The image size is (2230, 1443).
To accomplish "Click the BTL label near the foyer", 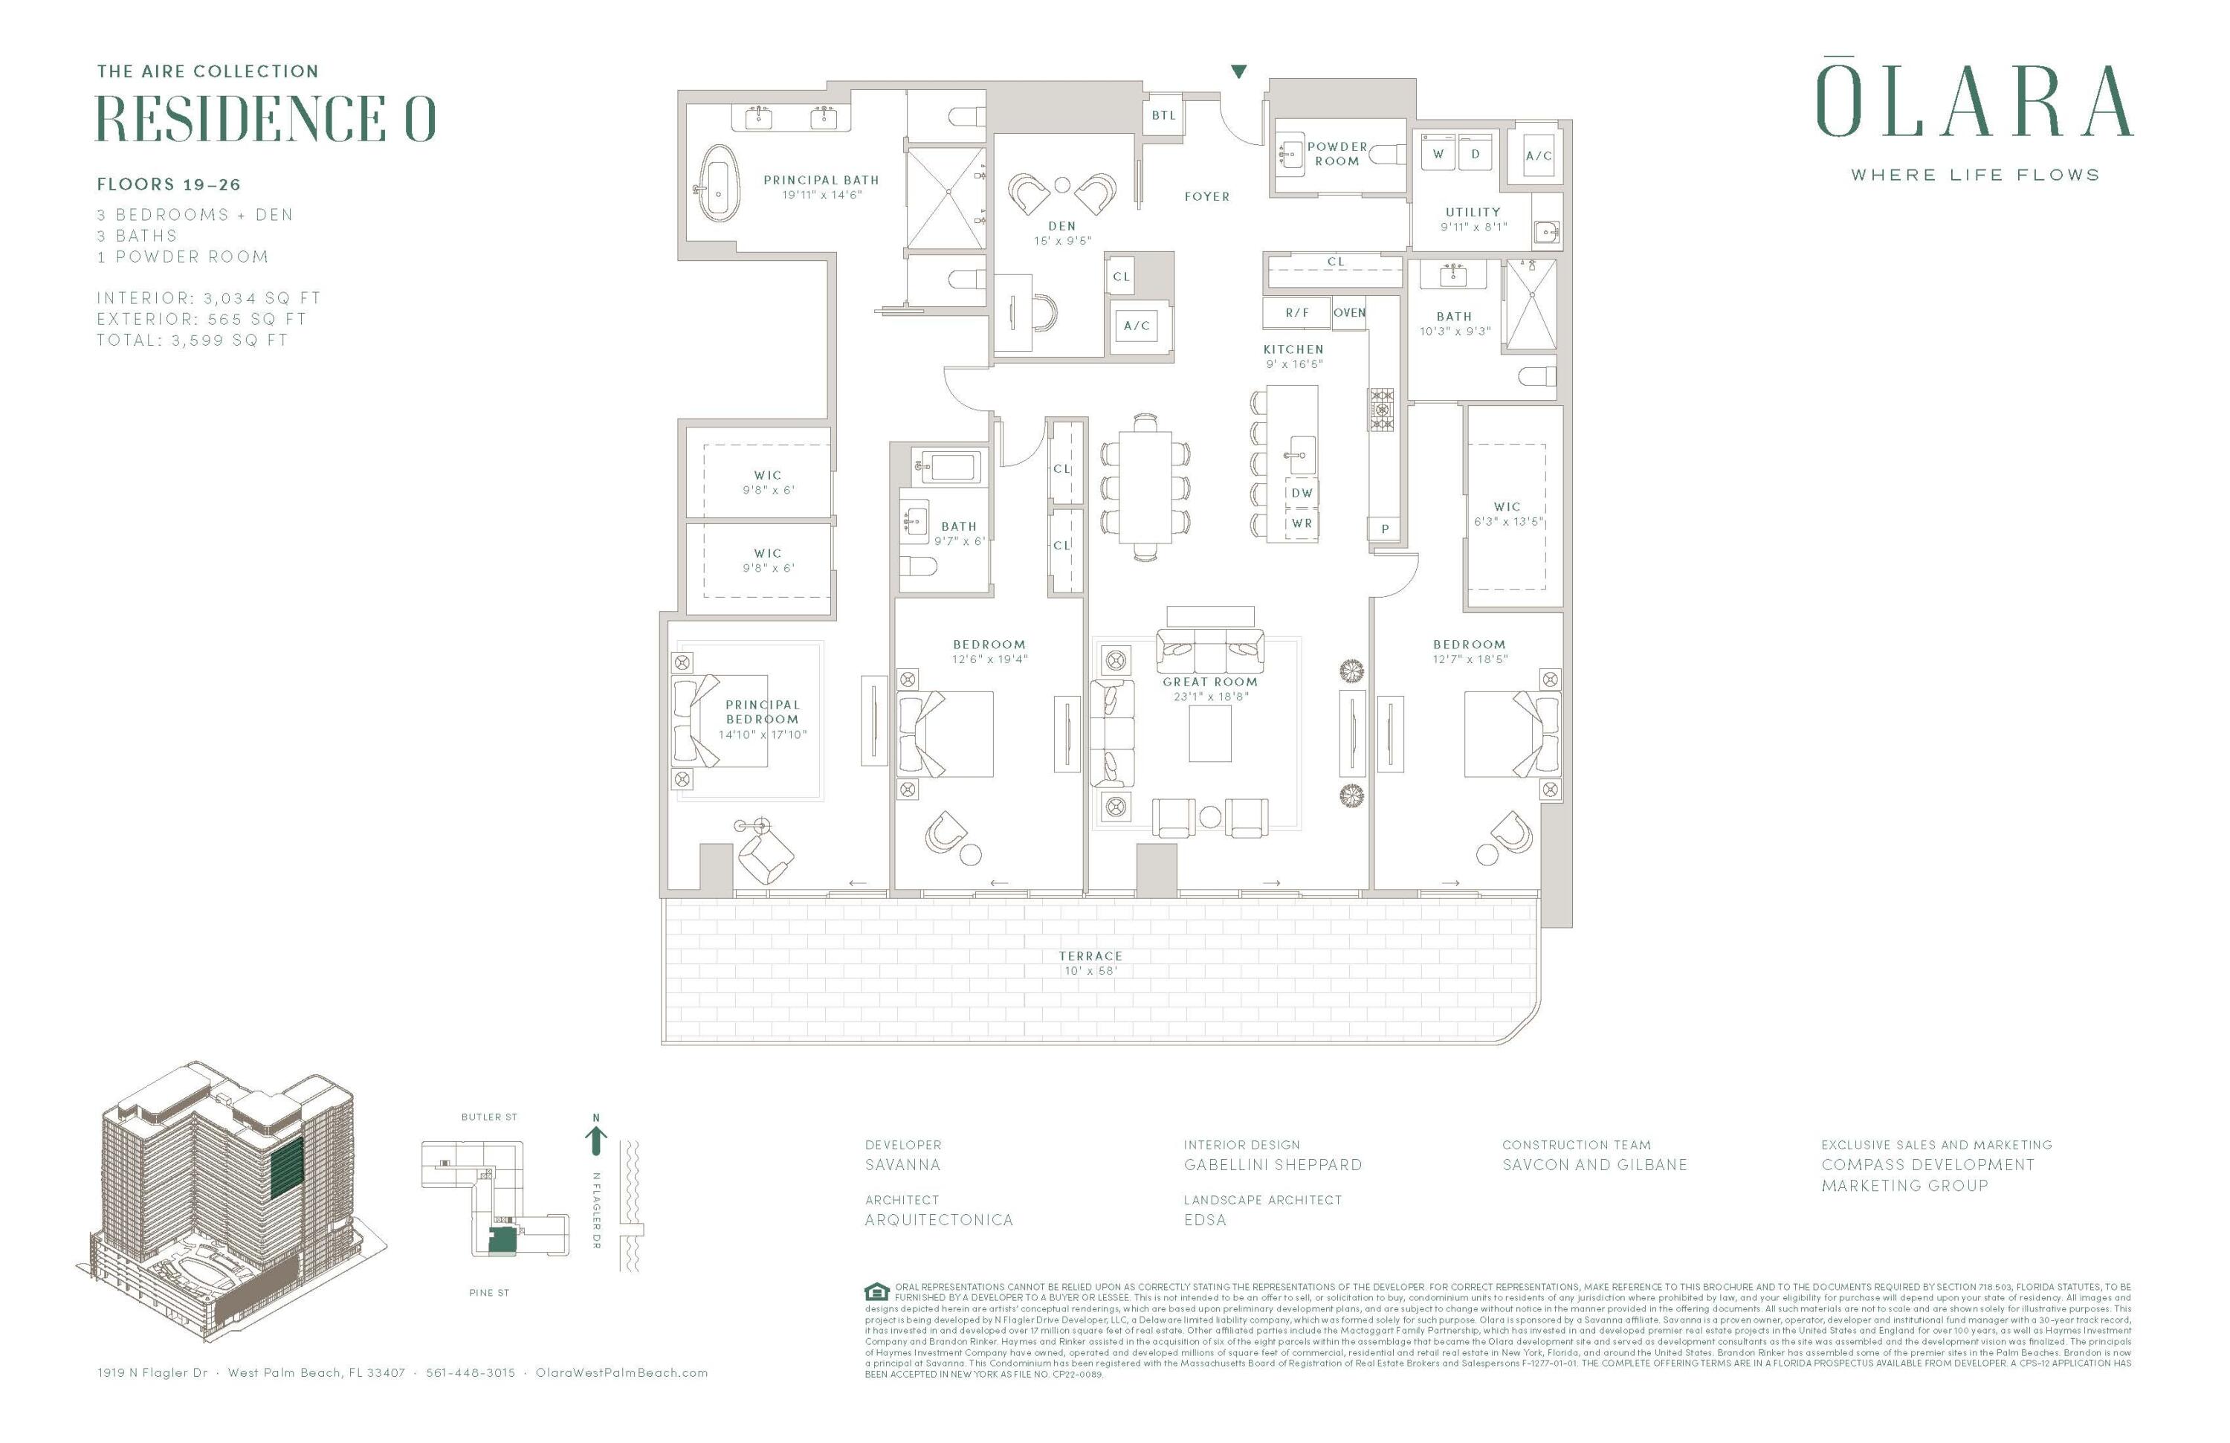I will point(1163,115).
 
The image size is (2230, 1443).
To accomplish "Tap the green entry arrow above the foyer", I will point(1238,71).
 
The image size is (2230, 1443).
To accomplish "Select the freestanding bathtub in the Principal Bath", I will point(719,184).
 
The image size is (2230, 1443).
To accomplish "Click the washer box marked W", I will point(1438,154).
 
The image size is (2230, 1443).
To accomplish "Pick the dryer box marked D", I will point(1475,154).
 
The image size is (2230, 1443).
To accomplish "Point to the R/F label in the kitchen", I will point(1297,313).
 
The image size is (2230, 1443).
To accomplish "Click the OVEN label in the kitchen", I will point(1349,313).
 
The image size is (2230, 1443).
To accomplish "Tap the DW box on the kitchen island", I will point(1302,493).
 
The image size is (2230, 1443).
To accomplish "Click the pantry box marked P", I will point(1385,529).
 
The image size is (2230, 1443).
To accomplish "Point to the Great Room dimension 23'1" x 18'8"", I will point(1209,696).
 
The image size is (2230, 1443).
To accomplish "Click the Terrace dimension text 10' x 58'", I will point(1090,971).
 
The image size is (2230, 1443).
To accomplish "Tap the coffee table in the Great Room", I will point(1209,735).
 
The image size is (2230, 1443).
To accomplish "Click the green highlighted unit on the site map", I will point(503,1239).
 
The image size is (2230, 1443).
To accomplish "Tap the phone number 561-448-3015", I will point(471,1372).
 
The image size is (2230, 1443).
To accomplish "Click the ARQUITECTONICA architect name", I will point(939,1220).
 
